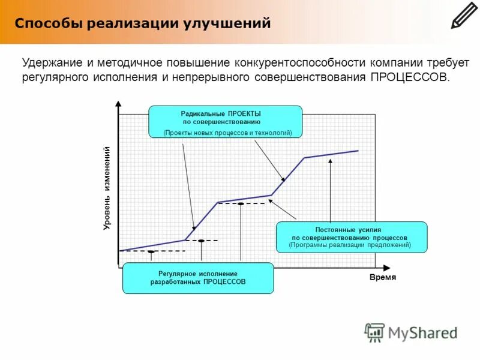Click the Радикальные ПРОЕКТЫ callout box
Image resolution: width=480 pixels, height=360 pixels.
[x=225, y=122]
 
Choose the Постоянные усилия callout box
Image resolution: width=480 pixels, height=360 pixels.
[x=351, y=237]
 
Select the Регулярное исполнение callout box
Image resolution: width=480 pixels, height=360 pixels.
[x=198, y=278]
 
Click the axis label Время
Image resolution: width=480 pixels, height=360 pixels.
[x=382, y=278]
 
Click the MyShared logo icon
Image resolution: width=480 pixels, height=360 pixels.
[x=374, y=332]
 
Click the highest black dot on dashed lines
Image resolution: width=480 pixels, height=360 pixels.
[x=241, y=204]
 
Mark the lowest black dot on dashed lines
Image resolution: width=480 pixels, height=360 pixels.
[x=151, y=252]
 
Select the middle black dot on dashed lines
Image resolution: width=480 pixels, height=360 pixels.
[x=201, y=241]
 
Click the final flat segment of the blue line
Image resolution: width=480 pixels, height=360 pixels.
[x=331, y=154]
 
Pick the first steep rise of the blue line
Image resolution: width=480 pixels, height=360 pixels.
[x=202, y=221]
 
